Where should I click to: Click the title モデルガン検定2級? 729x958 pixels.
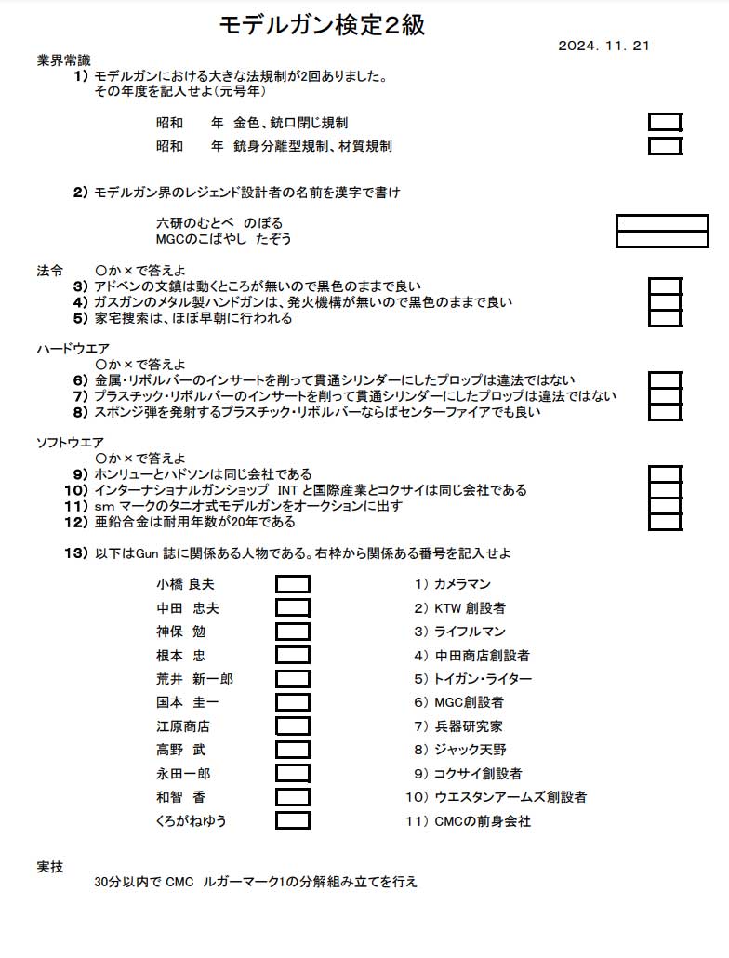tap(322, 25)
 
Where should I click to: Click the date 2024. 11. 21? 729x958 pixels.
tap(603, 46)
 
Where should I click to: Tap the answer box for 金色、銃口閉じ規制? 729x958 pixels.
tap(665, 122)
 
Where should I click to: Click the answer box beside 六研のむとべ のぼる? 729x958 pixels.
tap(662, 223)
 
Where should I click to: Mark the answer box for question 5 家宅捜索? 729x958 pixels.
tap(665, 318)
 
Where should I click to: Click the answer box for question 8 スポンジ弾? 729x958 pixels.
tap(665, 412)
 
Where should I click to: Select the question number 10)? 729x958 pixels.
tap(75, 490)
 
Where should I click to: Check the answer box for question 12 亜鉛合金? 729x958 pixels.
tap(665, 522)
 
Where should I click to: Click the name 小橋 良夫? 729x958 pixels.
tap(185, 584)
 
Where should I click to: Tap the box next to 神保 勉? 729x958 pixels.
tap(293, 632)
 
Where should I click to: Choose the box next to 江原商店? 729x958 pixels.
tap(293, 726)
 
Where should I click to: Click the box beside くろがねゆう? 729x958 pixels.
tap(293, 820)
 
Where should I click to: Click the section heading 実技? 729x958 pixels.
tap(50, 867)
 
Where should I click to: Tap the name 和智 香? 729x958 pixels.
tap(181, 797)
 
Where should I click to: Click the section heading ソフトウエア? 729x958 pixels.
tap(71, 442)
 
